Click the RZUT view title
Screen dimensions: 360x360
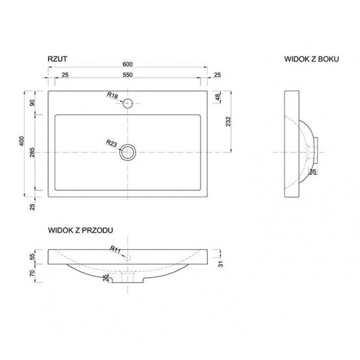[58, 59]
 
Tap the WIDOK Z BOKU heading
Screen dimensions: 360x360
[311, 59]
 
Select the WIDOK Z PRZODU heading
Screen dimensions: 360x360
[80, 230]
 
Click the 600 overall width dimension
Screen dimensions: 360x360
[127, 64]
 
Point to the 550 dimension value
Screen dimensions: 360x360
[127, 75]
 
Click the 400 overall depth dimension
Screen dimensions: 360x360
[22, 141]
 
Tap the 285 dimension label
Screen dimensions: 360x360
[32, 152]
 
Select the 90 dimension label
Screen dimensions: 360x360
[32, 103]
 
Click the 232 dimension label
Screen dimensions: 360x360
[228, 121]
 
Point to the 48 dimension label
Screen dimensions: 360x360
[217, 97]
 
